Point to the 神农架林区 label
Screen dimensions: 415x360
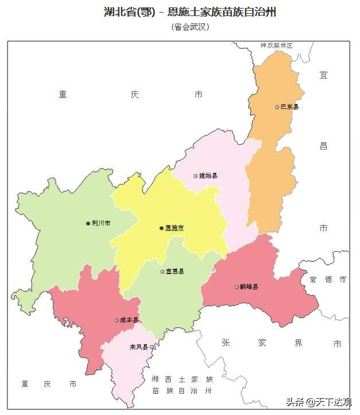tap(276, 45)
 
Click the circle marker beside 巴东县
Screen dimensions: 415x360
tap(277, 107)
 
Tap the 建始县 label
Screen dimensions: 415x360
tap(209, 176)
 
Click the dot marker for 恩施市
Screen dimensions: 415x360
tap(161, 228)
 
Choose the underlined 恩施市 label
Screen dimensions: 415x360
tap(175, 228)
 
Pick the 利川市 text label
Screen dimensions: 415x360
tap(101, 224)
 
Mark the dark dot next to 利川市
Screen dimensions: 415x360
tap(88, 224)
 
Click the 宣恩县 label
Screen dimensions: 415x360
tap(175, 272)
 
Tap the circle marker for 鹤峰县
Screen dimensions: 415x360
tap(236, 287)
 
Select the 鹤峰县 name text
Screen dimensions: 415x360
tap(249, 287)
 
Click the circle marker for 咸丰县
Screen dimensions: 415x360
tap(116, 320)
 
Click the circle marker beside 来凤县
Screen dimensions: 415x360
tap(152, 347)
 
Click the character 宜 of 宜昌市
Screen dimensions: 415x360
tap(324, 75)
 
